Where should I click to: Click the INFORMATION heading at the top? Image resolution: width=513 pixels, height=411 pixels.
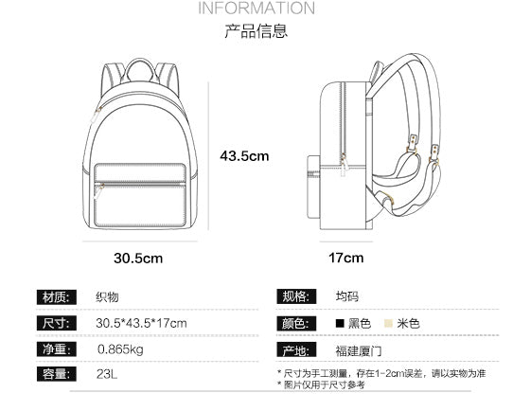tap(256, 9)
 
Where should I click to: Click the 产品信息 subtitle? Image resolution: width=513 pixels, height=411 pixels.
tap(256, 31)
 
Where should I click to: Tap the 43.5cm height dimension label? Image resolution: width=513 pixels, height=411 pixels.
tap(245, 155)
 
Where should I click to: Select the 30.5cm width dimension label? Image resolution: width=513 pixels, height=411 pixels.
tap(139, 257)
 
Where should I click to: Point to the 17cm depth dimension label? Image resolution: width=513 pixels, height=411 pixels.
tap(345, 257)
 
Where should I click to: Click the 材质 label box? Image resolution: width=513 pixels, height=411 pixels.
tap(54, 297)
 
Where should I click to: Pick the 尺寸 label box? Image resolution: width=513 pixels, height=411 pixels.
tap(54, 324)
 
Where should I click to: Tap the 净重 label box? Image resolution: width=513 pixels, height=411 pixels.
tap(54, 349)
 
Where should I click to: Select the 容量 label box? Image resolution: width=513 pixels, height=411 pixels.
tap(54, 375)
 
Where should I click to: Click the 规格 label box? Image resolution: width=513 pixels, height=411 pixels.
tap(294, 297)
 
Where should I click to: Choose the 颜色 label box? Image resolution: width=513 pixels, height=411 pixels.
tap(294, 324)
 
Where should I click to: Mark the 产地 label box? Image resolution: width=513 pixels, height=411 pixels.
tap(294, 349)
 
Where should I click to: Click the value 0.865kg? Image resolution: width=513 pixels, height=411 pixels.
tap(120, 349)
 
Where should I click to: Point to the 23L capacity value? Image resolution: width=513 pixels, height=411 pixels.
tap(107, 375)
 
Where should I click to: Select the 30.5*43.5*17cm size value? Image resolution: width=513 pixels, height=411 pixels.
tap(141, 324)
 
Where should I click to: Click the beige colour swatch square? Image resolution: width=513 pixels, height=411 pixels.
tap(388, 324)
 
